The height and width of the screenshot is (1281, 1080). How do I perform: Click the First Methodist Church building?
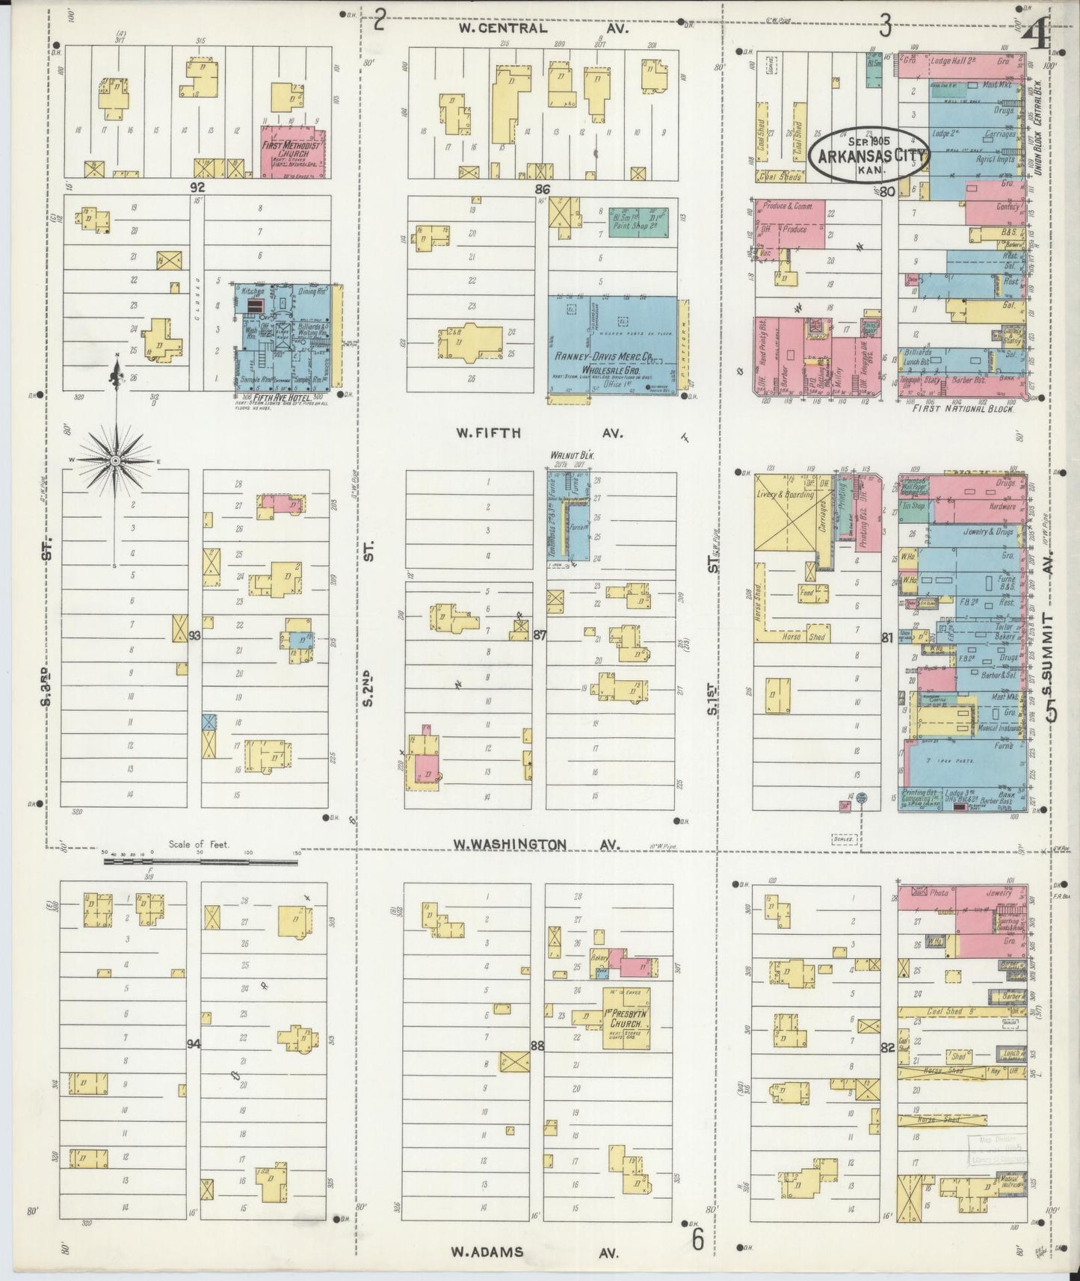(x=293, y=151)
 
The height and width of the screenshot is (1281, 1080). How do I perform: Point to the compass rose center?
(x=116, y=461)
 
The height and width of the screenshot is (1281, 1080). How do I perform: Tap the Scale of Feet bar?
(x=200, y=861)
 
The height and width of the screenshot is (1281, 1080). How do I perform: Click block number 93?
(x=195, y=636)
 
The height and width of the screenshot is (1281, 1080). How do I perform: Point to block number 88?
(x=537, y=1046)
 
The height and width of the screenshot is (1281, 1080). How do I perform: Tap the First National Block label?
(x=963, y=409)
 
